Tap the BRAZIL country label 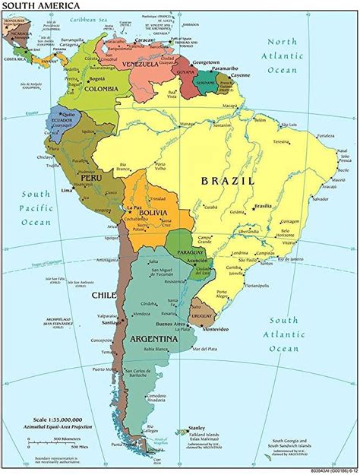coord(226,181)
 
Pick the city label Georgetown coord(204,62)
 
